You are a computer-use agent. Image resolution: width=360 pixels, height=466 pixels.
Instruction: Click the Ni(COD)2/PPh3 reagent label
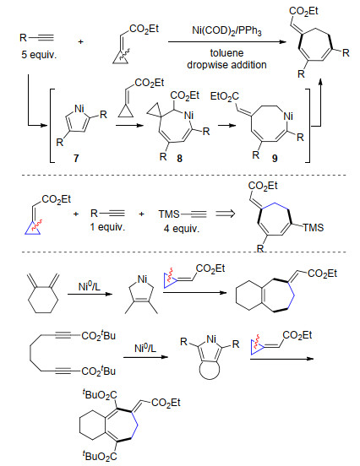click(226, 31)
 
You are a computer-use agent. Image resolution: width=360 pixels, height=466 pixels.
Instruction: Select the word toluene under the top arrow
click(226, 53)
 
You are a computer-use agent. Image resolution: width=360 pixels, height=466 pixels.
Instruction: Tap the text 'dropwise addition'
click(226, 64)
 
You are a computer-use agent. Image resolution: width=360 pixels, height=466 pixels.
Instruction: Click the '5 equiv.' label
click(39, 55)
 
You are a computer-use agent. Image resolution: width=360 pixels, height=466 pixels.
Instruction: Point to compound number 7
click(76, 158)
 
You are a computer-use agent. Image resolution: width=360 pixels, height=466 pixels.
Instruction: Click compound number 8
click(179, 158)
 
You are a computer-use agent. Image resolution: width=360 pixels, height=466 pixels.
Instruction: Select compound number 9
click(275, 158)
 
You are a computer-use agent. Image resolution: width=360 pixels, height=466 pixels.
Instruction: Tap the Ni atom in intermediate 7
click(79, 108)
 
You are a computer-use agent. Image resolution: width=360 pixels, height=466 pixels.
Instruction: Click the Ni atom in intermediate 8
click(189, 116)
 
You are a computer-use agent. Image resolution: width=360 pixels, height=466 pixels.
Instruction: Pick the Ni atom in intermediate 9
click(288, 116)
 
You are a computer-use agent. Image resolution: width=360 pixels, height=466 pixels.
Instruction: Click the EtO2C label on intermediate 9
click(224, 96)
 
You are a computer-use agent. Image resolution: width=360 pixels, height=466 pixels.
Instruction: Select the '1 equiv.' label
click(107, 227)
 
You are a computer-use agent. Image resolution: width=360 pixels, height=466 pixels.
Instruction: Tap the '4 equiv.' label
click(181, 228)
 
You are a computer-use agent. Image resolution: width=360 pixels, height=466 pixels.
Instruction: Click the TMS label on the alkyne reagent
click(169, 214)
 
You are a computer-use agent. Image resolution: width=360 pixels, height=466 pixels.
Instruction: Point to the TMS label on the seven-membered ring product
click(314, 228)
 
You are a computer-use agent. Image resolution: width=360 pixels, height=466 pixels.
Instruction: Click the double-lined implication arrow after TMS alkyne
click(226, 214)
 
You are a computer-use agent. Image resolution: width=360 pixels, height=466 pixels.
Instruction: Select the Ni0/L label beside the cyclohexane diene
click(90, 286)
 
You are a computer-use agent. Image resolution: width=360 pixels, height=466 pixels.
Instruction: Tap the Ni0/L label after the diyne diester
click(145, 348)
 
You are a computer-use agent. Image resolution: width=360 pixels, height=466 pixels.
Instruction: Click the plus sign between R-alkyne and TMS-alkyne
click(141, 214)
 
